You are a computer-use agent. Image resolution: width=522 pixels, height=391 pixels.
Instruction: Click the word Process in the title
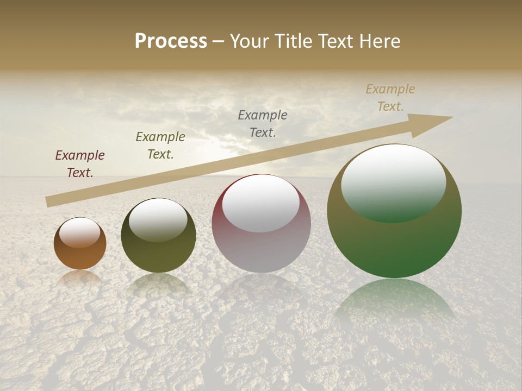[171, 41]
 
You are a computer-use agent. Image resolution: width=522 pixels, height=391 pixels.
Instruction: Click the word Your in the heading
[249, 41]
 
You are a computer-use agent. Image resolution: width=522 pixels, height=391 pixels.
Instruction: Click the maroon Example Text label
[80, 163]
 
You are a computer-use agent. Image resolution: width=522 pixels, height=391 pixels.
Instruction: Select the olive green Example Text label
[160, 145]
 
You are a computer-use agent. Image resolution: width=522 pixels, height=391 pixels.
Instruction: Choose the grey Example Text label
[263, 123]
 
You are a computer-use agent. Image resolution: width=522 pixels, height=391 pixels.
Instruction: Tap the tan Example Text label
[390, 98]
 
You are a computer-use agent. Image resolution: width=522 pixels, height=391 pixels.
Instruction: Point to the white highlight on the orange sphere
[80, 232]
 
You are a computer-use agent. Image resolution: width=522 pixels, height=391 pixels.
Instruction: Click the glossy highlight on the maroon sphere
[261, 203]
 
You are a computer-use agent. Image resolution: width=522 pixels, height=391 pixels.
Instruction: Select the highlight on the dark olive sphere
[158, 219]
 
